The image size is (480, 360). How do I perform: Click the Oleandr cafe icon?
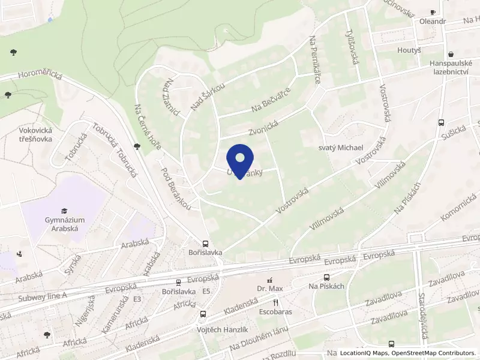pos(433,12)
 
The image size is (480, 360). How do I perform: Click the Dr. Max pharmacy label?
pos(270,289)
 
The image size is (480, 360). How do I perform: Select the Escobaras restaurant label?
pos(276,313)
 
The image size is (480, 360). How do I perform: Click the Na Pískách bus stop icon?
pos(326,277)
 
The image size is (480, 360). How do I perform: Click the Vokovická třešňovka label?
pos(35,134)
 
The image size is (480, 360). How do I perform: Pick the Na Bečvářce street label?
pos(272,100)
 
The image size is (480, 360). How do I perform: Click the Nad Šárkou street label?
pos(208,97)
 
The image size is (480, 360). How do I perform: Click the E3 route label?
pos(137,299)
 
